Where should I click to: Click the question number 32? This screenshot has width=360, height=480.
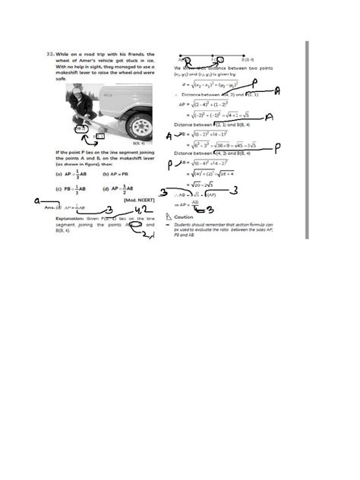tap(49, 55)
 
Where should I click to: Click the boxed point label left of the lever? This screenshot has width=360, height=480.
tap(78, 130)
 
